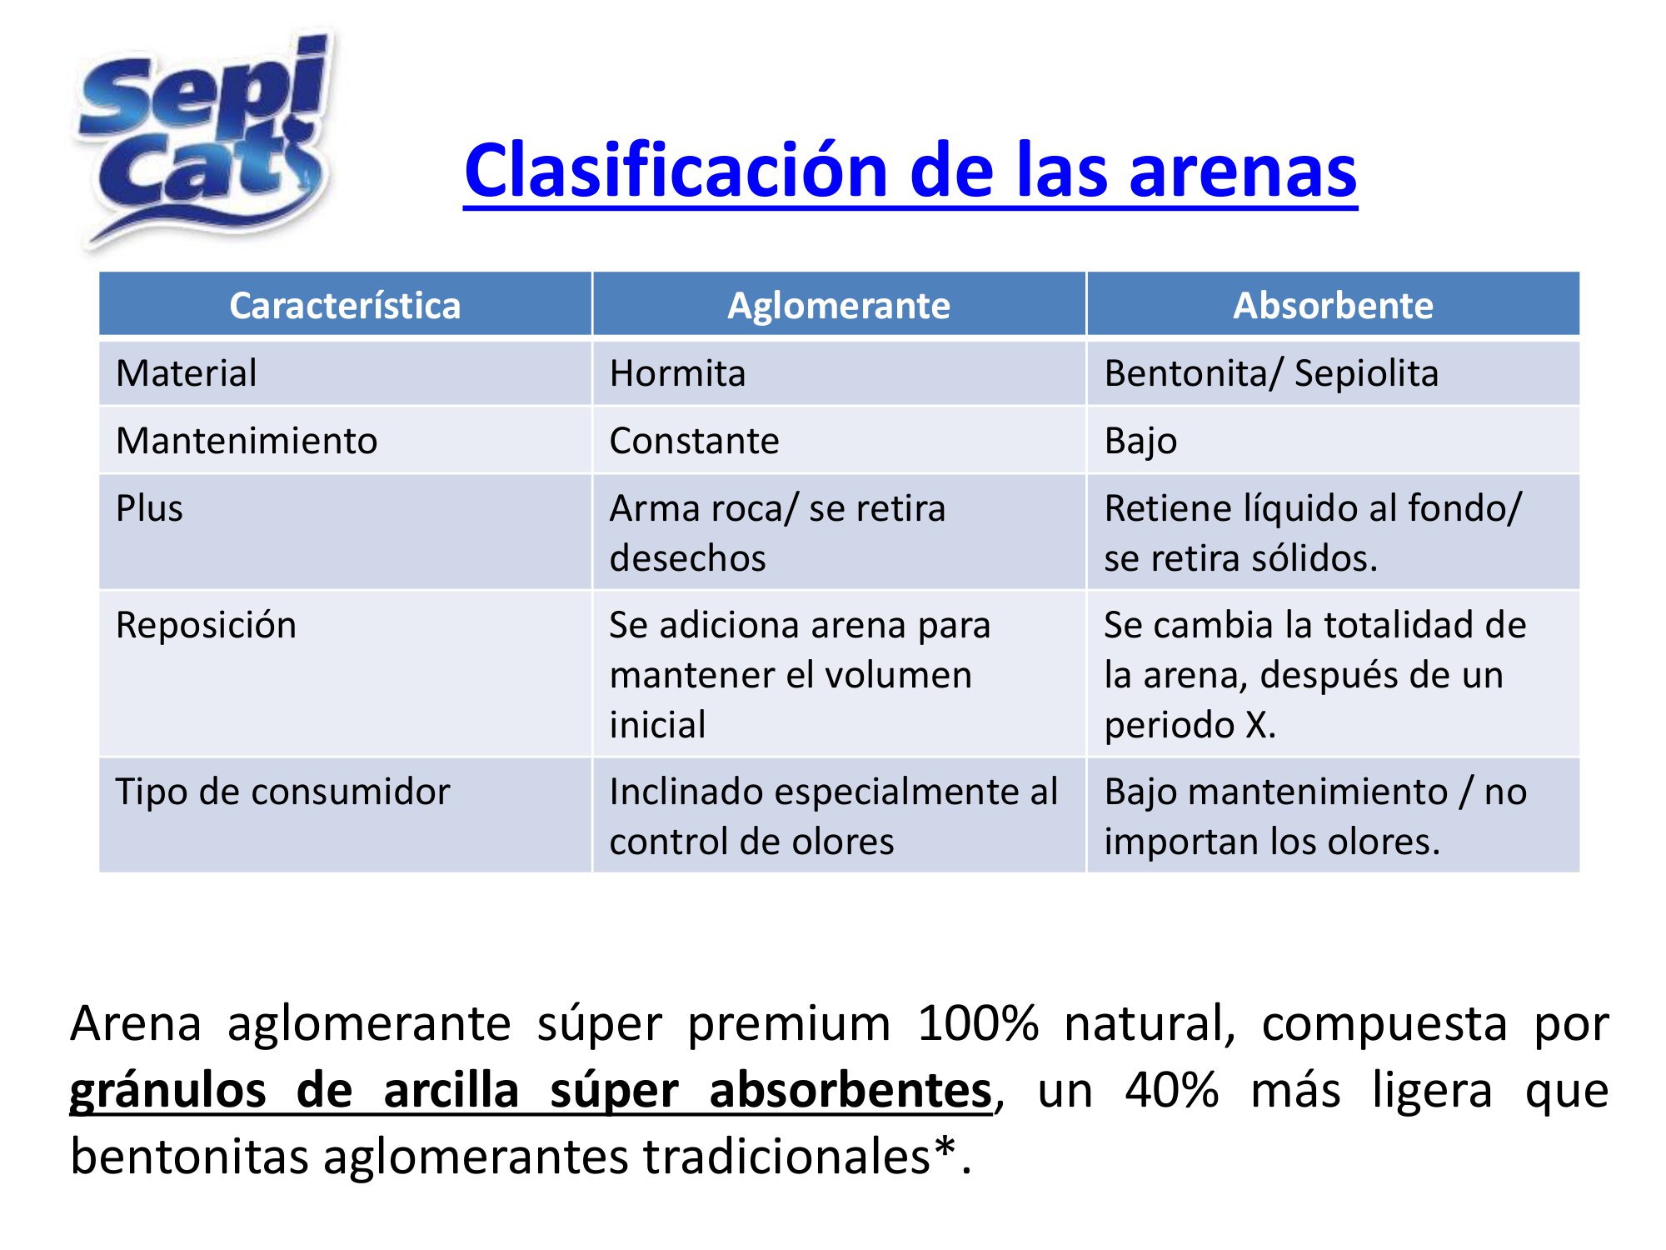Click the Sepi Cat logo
204,140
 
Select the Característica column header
345,305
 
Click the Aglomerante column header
839,306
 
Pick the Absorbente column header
1333,305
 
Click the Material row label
187,372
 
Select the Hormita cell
677,372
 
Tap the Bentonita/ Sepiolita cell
1271,373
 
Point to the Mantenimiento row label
247,440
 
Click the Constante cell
694,440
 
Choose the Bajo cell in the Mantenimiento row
1140,441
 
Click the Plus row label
149,508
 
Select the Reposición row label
206,625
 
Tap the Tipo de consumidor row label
282,791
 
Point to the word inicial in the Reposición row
657,724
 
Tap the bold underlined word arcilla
451,1090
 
